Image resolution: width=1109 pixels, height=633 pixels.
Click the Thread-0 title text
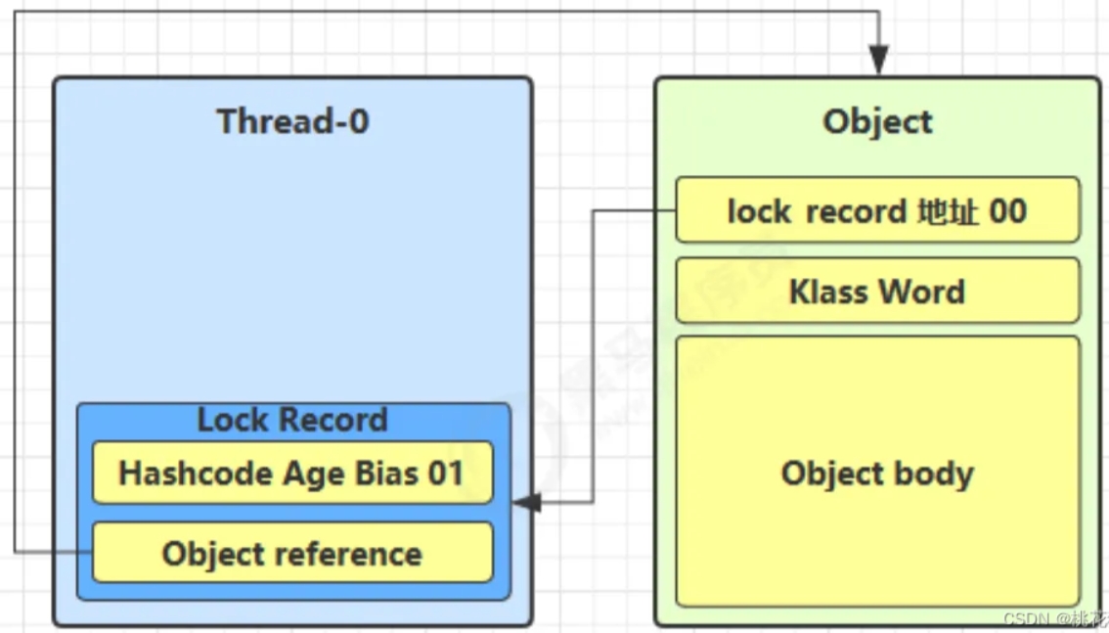click(292, 121)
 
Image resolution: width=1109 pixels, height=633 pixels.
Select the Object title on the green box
click(878, 121)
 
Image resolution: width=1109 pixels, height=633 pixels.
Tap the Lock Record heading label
click(292, 420)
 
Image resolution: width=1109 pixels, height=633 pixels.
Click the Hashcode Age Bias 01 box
click(292, 473)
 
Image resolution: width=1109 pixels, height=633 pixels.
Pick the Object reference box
click(292, 553)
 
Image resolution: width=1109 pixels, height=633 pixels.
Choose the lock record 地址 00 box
click(878, 210)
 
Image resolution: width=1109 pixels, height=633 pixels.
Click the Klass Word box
click(878, 291)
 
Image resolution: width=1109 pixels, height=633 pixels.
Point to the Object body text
click(878, 474)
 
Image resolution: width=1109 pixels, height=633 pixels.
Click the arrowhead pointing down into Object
click(878, 61)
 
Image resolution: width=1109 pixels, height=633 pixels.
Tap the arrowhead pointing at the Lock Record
click(527, 502)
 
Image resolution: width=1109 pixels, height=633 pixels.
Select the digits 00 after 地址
click(1008, 210)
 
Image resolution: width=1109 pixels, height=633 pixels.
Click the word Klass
click(828, 291)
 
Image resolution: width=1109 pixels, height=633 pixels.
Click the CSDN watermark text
click(1055, 619)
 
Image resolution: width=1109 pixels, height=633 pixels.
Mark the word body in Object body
click(934, 474)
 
